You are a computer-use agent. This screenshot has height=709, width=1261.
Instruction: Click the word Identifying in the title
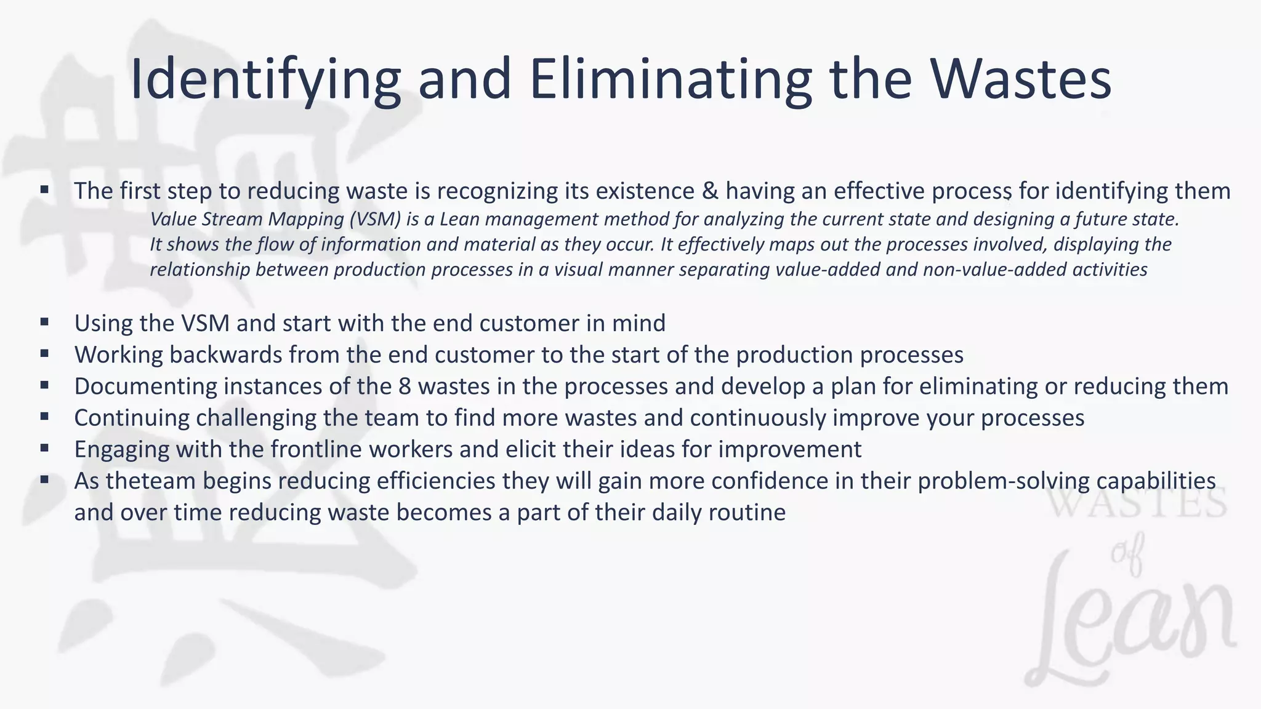265,80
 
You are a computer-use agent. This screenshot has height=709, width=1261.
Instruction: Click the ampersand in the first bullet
710,191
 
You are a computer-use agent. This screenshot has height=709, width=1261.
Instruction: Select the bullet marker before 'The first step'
44,190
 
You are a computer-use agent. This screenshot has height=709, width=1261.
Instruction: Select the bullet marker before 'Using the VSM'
44,322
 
